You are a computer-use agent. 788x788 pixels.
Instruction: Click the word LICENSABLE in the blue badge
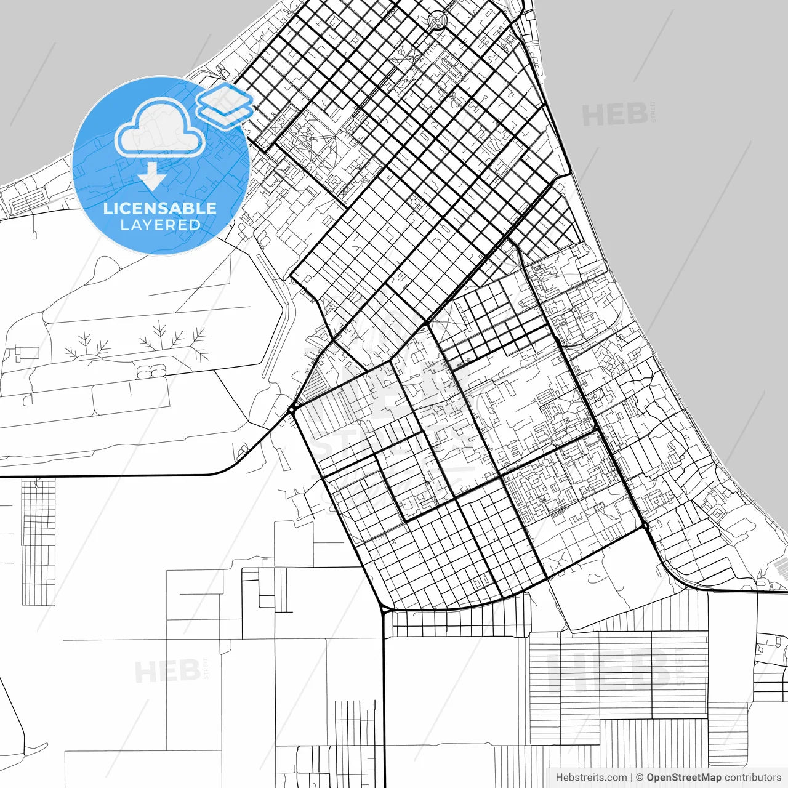[x=160, y=208]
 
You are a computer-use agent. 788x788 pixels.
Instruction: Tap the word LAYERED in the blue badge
[x=160, y=225]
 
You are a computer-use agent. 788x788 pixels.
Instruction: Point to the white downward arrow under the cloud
[x=151, y=176]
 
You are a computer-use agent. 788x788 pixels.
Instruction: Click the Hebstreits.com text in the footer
[x=591, y=778]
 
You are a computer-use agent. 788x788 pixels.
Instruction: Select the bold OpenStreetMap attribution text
[x=683, y=778]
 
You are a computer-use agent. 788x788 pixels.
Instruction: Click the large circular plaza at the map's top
[x=438, y=20]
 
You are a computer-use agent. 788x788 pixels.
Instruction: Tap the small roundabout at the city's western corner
[x=291, y=409]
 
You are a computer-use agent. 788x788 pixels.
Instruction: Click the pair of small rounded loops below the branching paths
[x=151, y=371]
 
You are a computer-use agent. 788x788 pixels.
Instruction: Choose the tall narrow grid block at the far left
[x=38, y=542]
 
